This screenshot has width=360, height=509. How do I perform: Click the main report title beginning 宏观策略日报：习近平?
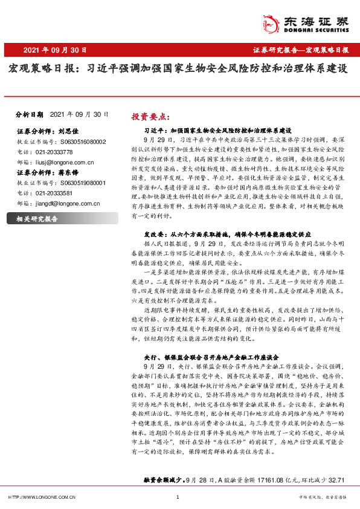tap(178, 70)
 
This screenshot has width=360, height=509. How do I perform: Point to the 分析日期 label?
tap(30, 114)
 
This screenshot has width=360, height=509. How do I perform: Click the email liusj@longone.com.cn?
tap(63, 162)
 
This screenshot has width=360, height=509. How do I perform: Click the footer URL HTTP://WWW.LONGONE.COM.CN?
tap(42, 497)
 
